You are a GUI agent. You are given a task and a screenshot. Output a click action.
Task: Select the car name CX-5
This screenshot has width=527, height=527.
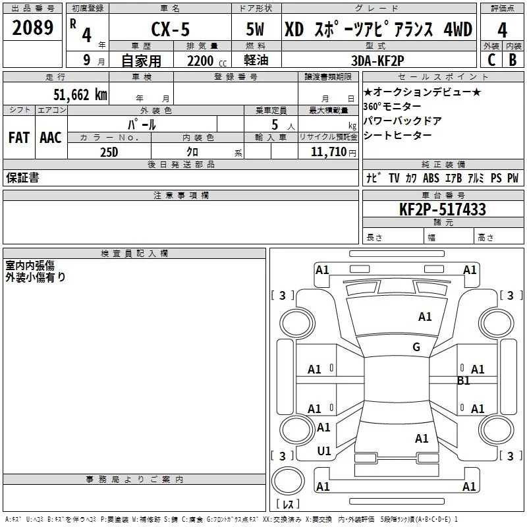(x=170, y=30)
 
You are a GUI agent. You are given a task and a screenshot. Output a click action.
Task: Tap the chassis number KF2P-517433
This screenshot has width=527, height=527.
(x=443, y=209)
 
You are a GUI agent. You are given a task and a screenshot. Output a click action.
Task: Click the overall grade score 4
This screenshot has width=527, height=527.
(x=502, y=30)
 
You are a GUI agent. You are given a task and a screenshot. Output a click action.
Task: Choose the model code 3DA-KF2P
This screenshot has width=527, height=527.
(x=377, y=61)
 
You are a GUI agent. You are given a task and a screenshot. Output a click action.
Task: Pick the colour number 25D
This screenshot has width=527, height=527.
(x=109, y=152)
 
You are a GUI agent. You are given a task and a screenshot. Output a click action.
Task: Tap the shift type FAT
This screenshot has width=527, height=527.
(x=18, y=138)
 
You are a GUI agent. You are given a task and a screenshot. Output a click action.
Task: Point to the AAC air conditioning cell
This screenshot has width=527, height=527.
(x=50, y=138)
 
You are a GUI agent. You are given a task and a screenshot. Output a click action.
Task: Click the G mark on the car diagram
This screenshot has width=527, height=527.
(x=416, y=347)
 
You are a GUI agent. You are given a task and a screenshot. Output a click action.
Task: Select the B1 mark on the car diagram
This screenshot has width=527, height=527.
(x=464, y=381)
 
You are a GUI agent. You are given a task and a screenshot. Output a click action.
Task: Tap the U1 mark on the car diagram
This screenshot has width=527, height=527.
(x=324, y=451)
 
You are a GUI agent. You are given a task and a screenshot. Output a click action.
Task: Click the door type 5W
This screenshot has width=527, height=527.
(x=257, y=30)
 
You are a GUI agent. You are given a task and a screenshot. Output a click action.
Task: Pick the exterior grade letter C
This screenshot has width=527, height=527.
(x=491, y=61)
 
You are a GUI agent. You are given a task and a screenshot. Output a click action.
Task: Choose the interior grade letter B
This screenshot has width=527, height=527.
(x=513, y=61)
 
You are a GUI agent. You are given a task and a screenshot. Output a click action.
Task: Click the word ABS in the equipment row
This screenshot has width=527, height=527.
(x=431, y=178)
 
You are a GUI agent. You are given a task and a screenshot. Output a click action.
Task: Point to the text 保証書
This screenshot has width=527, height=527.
(x=22, y=178)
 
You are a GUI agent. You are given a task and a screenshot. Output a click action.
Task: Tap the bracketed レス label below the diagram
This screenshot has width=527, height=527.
(x=288, y=505)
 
